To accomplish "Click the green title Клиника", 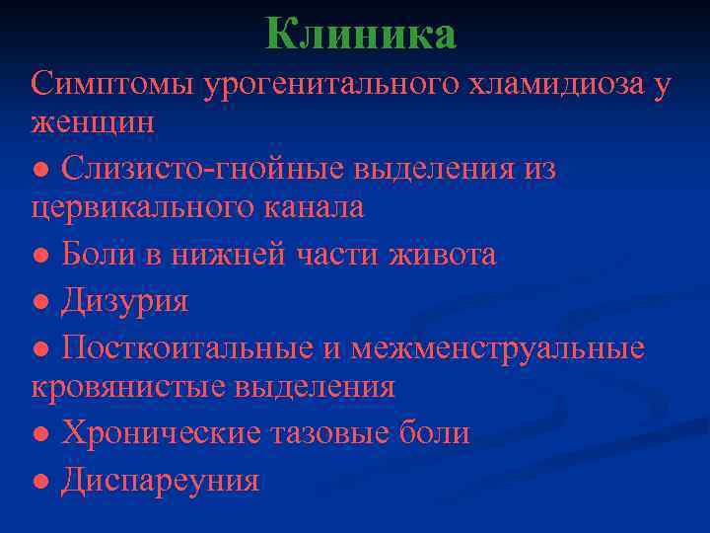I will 360,35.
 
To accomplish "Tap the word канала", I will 317,207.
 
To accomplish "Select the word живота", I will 441,255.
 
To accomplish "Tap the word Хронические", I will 162,432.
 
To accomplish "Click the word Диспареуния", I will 160,480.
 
